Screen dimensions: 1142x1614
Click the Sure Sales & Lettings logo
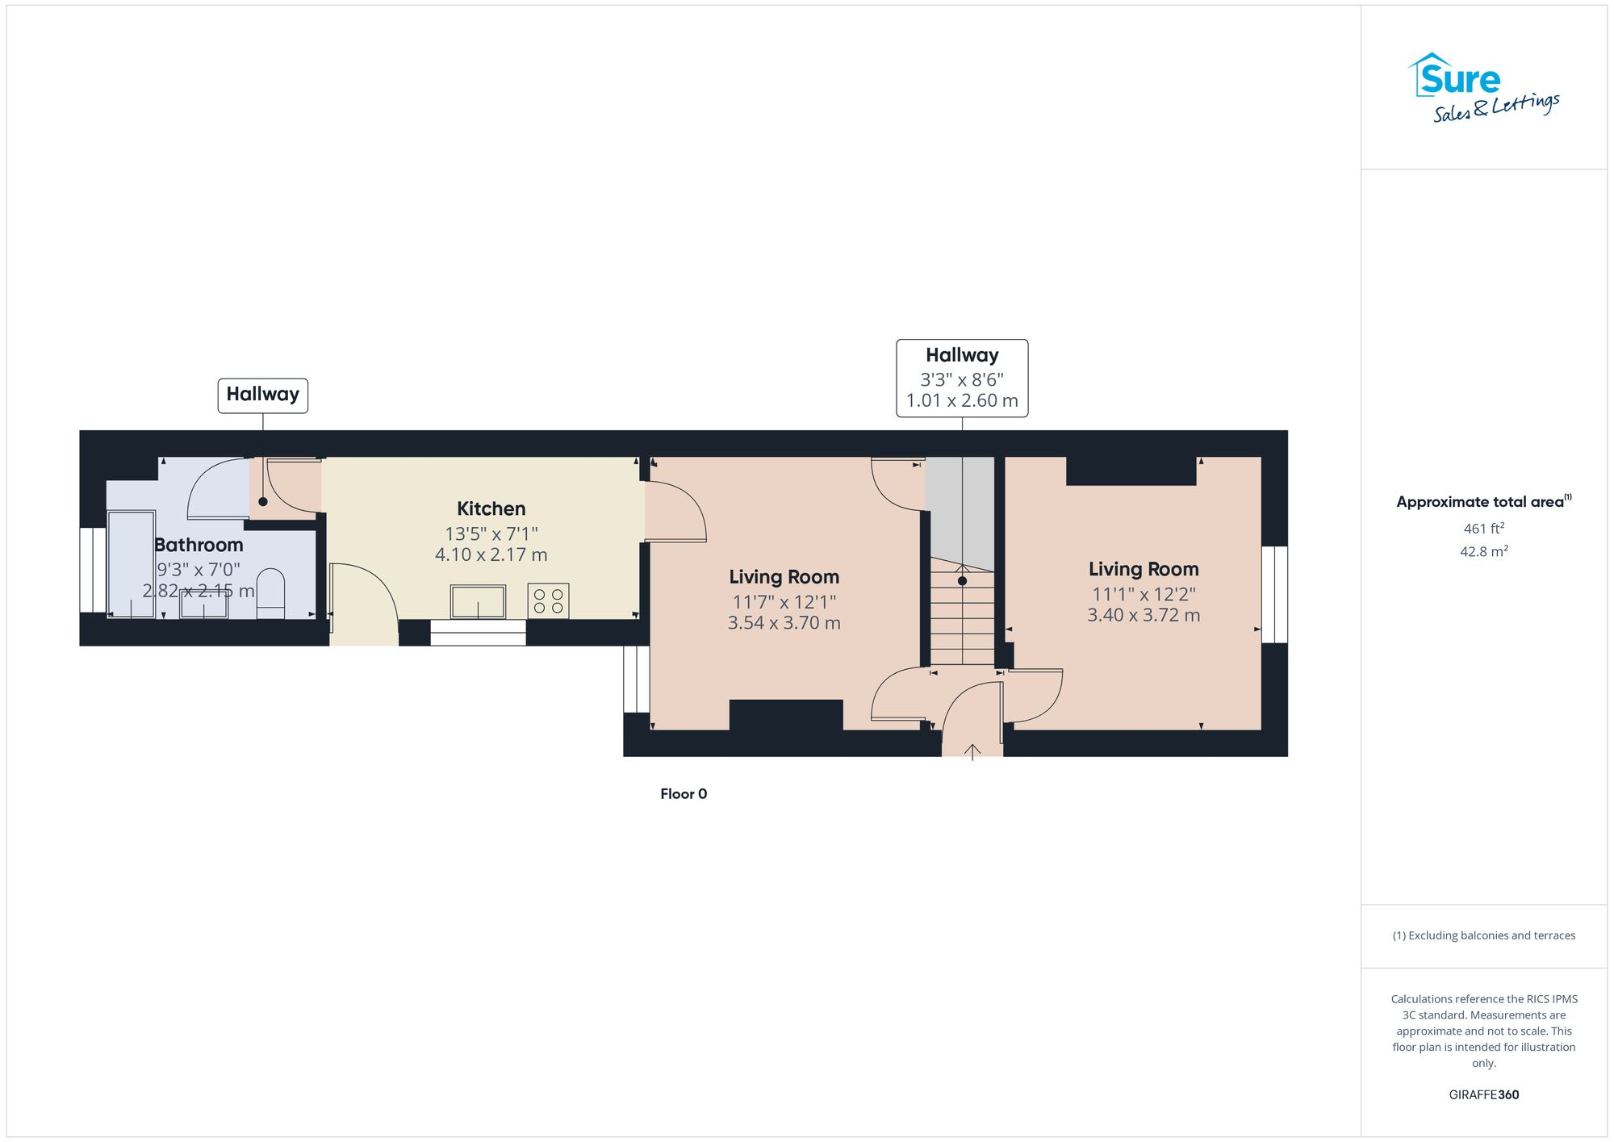1483,87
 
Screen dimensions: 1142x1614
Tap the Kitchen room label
491,508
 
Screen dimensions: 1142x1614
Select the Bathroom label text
199,545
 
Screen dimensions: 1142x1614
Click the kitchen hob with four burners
548,601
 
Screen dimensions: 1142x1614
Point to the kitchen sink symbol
478,602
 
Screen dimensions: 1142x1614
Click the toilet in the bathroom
270,594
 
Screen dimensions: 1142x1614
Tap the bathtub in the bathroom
132,563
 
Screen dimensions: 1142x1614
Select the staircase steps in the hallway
962,617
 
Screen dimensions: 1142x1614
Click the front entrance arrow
972,751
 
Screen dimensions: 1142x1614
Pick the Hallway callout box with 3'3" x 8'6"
962,378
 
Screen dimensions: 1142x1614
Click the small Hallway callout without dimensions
262,395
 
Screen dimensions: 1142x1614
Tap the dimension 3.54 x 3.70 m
784,623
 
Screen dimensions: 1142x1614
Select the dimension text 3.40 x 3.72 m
1143,615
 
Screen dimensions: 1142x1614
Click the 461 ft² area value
1483,529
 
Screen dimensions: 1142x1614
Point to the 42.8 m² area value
1483,552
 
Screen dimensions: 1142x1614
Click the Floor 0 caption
684,794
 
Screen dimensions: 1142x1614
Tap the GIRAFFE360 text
1483,1094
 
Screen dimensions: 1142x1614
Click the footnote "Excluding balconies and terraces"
1483,935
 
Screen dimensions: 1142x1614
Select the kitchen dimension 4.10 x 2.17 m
491,555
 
